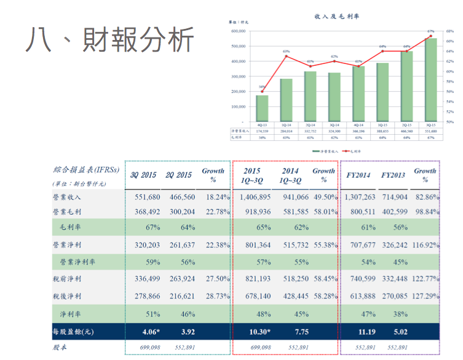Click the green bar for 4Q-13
[x=262, y=108]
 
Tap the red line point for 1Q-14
[x=286, y=56]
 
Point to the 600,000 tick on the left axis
[x=237, y=31]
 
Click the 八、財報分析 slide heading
[x=111, y=42]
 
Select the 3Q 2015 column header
[x=143, y=175]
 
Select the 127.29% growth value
[x=427, y=296]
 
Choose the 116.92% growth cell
[x=427, y=245]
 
